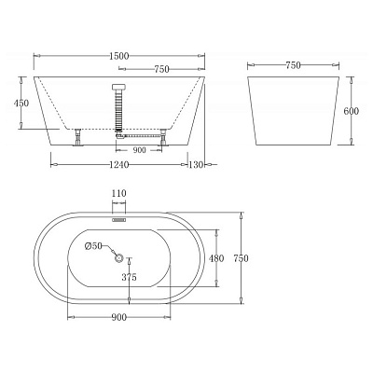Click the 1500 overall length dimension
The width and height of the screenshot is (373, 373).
click(x=119, y=56)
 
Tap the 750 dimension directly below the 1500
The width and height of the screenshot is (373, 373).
click(x=161, y=69)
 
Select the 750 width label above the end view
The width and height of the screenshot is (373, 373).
click(x=293, y=65)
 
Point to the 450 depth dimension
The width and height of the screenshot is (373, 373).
click(x=21, y=103)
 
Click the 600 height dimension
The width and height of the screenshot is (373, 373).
click(x=352, y=111)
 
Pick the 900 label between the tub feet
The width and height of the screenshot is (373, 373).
click(x=139, y=150)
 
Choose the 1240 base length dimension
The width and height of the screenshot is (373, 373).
click(x=119, y=165)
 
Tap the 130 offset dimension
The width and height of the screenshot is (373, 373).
click(x=196, y=165)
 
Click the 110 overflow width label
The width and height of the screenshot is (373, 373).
click(x=118, y=194)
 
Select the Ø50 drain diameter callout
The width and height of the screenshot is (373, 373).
click(x=93, y=246)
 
